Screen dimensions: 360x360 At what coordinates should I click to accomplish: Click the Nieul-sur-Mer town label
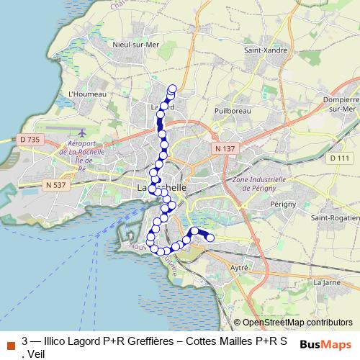[130, 44]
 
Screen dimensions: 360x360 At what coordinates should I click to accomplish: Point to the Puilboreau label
[232, 111]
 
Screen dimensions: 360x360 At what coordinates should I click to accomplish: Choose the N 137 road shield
[225, 148]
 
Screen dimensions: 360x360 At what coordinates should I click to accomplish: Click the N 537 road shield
[55, 185]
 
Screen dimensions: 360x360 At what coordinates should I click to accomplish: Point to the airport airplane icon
[81, 133]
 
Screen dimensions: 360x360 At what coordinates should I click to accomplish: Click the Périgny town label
[283, 204]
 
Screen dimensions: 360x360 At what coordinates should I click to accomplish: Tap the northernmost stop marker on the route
[172, 89]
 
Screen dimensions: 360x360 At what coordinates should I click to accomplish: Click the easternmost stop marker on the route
[210, 238]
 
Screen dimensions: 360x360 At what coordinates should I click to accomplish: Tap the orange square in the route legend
[10, 344]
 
